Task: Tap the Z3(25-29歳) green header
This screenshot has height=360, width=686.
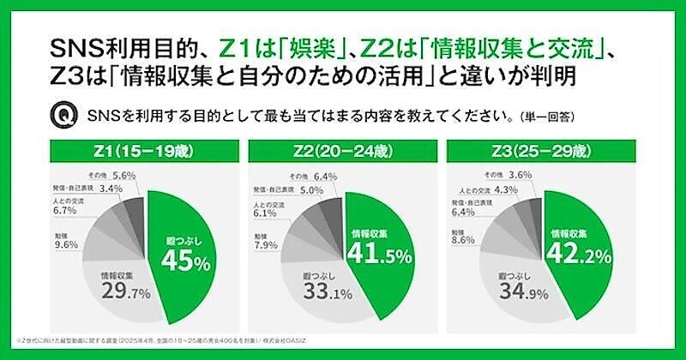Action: pos(541,152)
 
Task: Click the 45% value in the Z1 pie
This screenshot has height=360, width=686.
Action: pos(189,261)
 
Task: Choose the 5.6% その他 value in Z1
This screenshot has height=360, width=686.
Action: pos(125,174)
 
